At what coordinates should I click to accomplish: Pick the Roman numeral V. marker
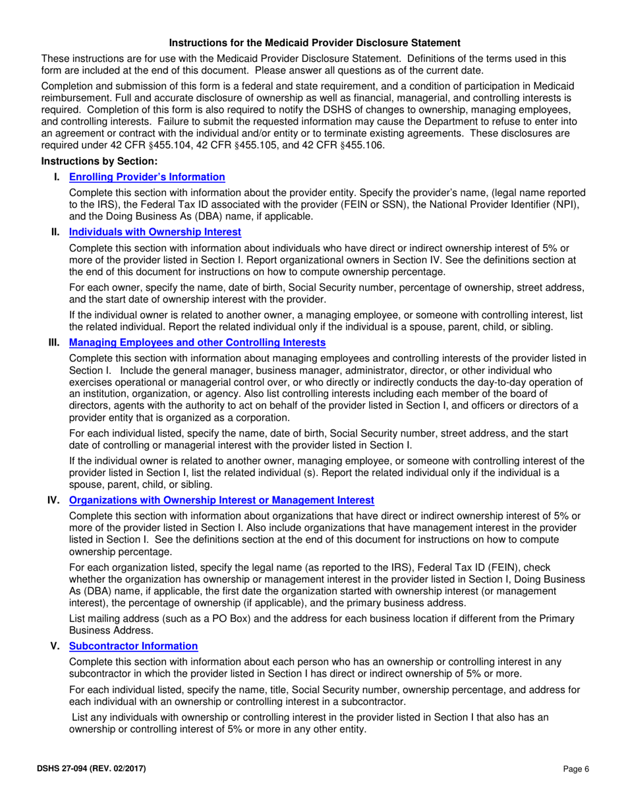pyautogui.click(x=56, y=646)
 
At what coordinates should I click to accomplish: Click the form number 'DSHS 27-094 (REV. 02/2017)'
pyautogui.click(x=94, y=769)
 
